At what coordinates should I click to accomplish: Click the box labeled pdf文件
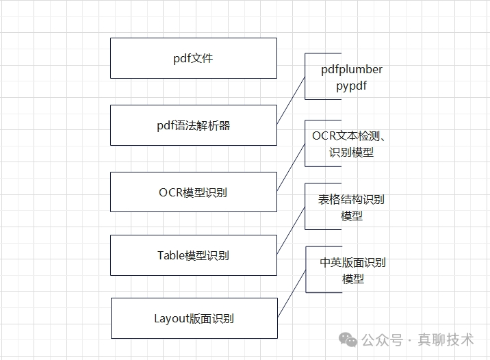click(x=194, y=58)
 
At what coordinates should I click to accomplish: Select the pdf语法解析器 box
click(x=194, y=125)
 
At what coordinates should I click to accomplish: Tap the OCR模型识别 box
click(x=194, y=192)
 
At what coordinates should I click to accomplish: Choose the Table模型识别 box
click(x=194, y=255)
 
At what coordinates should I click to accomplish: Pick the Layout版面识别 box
click(x=194, y=318)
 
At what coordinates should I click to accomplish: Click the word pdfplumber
click(x=352, y=70)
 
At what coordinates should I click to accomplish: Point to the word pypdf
click(x=352, y=86)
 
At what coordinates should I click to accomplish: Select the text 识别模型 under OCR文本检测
click(x=352, y=152)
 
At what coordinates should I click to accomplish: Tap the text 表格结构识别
click(x=351, y=199)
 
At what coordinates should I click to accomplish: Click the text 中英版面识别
click(x=352, y=262)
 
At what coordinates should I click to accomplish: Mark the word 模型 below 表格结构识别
click(x=352, y=216)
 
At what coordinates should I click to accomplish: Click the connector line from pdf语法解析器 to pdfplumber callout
click(x=291, y=100)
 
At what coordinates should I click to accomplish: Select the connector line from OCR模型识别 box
click(x=291, y=167)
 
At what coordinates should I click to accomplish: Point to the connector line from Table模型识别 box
click(x=291, y=231)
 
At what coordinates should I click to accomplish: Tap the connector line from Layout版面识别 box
click(x=291, y=294)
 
